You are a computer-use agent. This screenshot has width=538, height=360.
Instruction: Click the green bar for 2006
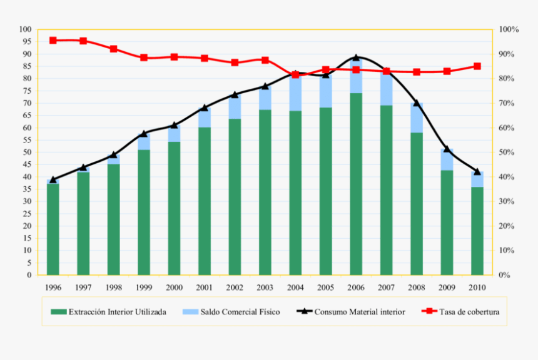point(355,184)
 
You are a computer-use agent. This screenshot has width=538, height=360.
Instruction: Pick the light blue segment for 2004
point(295,92)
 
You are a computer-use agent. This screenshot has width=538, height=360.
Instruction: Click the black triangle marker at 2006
point(355,57)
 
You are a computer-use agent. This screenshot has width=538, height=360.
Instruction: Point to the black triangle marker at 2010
point(477,171)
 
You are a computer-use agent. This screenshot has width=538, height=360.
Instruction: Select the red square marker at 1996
point(53,40)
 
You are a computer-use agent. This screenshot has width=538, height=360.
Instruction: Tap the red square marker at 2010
point(477,66)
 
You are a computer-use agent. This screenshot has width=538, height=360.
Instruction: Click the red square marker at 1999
point(143,57)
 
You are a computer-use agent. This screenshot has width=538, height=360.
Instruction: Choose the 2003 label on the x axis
point(265,287)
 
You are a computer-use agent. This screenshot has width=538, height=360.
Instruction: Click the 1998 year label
point(113,287)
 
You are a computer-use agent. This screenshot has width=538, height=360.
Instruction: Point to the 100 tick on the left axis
point(25,29)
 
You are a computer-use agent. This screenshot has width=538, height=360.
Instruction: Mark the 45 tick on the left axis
point(26,164)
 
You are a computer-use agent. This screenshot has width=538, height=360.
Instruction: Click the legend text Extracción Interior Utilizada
point(117,311)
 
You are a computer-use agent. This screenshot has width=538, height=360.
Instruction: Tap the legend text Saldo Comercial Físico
point(240,311)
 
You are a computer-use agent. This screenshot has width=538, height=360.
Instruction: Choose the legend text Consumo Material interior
point(359,311)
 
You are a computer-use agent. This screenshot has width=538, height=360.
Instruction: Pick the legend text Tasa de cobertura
point(469,311)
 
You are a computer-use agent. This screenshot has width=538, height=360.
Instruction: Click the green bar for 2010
point(477,231)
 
